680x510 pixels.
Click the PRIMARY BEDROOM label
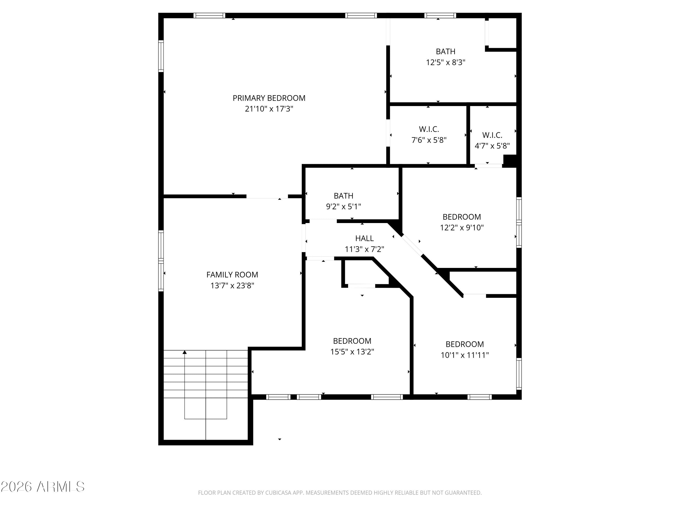(x=269, y=98)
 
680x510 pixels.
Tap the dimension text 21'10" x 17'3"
(x=269, y=109)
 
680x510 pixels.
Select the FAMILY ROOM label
(x=232, y=274)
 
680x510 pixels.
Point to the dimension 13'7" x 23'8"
(x=232, y=286)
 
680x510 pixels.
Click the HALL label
(x=364, y=238)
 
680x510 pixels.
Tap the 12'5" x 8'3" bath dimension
(x=445, y=62)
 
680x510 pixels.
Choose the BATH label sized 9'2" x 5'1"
(x=343, y=196)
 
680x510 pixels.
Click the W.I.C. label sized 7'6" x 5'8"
(x=429, y=129)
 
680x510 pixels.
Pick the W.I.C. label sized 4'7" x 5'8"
(x=492, y=135)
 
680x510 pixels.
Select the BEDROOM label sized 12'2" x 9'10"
(x=462, y=217)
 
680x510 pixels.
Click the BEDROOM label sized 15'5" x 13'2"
(x=352, y=341)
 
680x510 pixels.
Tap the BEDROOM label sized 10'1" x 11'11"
(x=464, y=344)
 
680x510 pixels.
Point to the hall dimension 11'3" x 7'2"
(x=364, y=249)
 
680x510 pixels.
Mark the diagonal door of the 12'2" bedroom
(x=412, y=245)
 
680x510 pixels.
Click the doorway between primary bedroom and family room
(x=267, y=197)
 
